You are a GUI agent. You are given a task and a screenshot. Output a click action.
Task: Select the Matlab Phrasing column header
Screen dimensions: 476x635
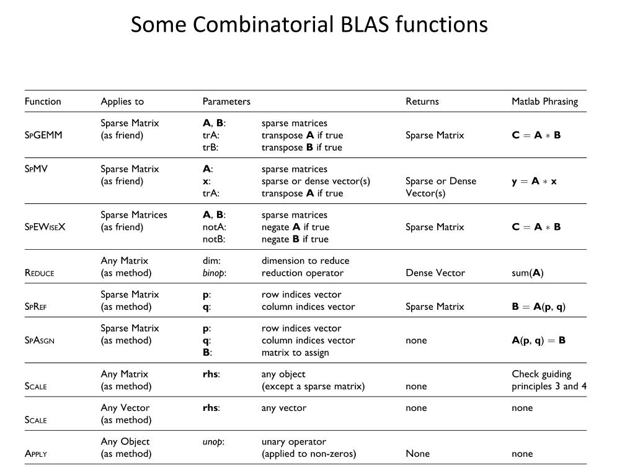(544, 101)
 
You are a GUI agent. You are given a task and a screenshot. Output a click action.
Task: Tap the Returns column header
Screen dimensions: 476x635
(422, 101)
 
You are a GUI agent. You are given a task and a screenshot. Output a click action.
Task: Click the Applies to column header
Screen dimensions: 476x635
(122, 101)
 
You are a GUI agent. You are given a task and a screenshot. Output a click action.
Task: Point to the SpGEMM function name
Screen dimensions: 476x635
(43, 135)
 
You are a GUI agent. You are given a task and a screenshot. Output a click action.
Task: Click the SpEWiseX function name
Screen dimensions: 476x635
(45, 227)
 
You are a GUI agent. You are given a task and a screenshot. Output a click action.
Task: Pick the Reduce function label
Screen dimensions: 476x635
(39, 273)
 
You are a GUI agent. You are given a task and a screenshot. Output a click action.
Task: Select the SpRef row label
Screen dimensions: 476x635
(36, 307)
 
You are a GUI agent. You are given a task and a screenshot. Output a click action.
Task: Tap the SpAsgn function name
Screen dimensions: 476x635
(40, 340)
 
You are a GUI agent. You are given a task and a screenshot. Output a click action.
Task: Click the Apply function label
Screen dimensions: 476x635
(36, 454)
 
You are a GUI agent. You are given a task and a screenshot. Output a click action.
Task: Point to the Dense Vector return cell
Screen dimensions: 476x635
(435, 273)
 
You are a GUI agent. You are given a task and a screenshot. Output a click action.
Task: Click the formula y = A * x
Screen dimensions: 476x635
(534, 181)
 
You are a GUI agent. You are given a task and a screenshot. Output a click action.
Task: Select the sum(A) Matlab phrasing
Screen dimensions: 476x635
(528, 273)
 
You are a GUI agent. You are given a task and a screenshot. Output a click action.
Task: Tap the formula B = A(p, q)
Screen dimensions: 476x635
(538, 307)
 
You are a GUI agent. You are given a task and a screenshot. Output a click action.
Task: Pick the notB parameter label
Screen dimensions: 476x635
(213, 239)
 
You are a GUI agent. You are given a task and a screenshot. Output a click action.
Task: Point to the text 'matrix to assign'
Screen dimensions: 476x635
(295, 353)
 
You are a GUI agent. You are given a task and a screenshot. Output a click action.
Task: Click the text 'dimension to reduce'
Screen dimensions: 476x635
(305, 261)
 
